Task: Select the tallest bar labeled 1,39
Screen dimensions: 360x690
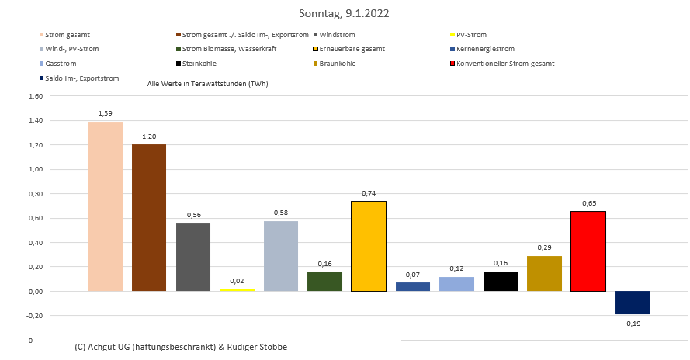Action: click(x=105, y=206)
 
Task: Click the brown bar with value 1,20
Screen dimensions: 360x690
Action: click(x=149, y=218)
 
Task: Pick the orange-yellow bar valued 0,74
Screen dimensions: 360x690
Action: click(x=369, y=246)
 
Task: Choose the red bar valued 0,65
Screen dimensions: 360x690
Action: click(x=588, y=251)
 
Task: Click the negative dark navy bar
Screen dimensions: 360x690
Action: click(x=632, y=303)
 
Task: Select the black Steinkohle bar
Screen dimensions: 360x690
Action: click(x=500, y=282)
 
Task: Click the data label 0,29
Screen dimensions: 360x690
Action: click(x=544, y=248)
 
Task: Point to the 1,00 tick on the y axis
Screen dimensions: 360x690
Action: click(x=36, y=169)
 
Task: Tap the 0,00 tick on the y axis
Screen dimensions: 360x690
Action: click(x=36, y=292)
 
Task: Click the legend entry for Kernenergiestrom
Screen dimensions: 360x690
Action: click(x=487, y=49)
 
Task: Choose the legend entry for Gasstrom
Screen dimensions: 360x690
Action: click(x=61, y=64)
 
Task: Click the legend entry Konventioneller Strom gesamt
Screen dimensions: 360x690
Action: click(x=506, y=64)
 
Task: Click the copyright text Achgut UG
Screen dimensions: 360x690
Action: click(x=180, y=346)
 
